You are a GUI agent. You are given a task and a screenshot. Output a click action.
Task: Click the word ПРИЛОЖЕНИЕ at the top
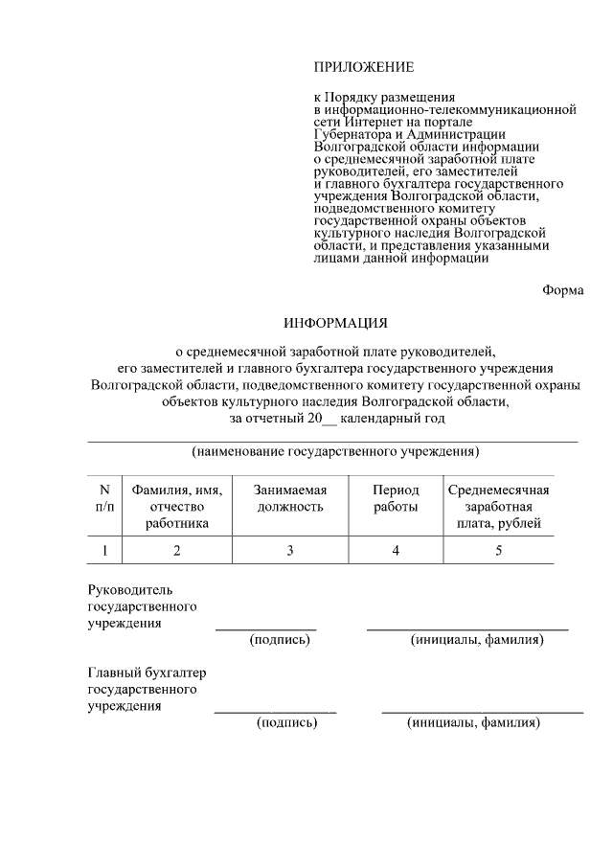[x=364, y=67]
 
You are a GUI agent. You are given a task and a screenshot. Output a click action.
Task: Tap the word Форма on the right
[x=562, y=290]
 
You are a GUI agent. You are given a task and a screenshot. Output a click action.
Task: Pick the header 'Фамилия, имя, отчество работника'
[x=176, y=506]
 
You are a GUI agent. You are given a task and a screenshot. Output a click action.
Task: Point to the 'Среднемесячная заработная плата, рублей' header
[x=498, y=506]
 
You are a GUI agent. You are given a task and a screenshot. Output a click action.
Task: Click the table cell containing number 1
[x=104, y=550]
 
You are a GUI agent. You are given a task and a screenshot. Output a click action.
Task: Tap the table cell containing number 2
[x=176, y=550]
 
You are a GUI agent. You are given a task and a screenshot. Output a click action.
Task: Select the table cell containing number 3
[x=290, y=550]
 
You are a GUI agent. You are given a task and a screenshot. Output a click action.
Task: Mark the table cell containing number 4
[x=396, y=550]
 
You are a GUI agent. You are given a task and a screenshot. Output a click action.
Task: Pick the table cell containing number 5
[x=498, y=550]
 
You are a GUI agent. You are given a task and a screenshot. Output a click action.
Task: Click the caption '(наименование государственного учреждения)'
[x=335, y=451]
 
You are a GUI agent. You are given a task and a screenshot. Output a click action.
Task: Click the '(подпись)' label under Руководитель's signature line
[x=281, y=640]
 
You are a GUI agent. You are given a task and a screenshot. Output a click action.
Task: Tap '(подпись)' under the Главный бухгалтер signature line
[x=286, y=723]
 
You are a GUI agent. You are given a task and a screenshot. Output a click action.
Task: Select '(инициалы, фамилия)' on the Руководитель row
[x=476, y=640]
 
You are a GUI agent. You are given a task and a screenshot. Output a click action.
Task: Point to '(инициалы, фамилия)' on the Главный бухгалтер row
[x=473, y=723]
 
